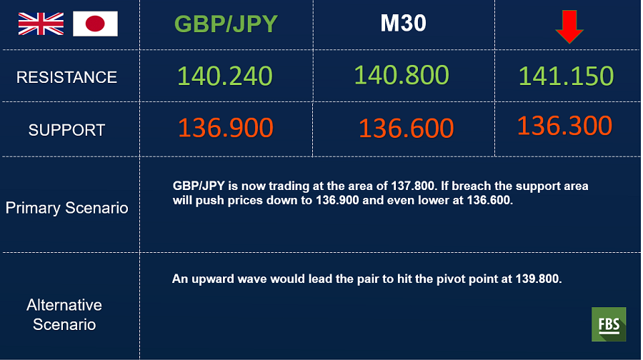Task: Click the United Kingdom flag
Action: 41,24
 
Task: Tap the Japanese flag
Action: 95,24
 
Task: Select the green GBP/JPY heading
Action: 226,24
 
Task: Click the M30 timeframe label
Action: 403,23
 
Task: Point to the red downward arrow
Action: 569,26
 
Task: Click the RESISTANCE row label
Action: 67,77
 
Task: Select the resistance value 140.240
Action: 225,76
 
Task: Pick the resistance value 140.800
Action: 402,75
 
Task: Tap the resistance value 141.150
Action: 566,76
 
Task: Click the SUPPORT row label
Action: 67,130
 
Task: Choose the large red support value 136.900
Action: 226,128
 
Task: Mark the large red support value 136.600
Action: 406,128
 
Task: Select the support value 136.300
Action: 564,126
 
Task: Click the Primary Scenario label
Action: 67,208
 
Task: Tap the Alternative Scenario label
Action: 64,314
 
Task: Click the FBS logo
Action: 609,324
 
